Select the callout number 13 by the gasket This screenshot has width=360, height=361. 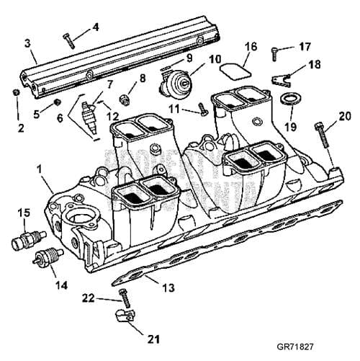point(168,288)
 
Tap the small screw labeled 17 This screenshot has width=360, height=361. point(276,50)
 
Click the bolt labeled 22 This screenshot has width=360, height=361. point(124,295)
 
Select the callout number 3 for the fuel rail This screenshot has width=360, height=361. point(28,43)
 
